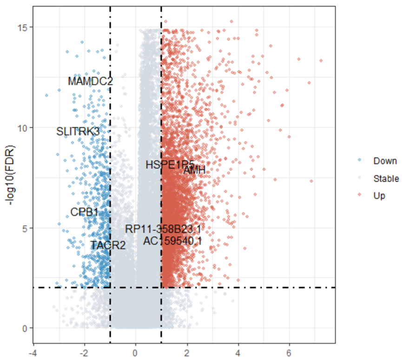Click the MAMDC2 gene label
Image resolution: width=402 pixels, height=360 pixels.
click(90, 82)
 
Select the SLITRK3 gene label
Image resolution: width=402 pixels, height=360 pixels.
click(78, 131)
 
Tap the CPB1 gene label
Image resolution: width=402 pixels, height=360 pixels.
click(84, 212)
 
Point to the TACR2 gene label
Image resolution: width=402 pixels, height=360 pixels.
click(108, 245)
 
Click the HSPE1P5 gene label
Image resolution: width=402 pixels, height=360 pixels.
click(170, 165)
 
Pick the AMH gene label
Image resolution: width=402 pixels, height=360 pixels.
click(194, 171)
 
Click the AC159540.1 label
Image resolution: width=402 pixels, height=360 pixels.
click(172, 241)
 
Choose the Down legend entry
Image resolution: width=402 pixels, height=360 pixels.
click(385, 161)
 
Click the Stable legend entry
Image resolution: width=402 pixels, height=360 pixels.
click(386, 178)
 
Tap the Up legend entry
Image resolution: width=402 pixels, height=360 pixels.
click(379, 196)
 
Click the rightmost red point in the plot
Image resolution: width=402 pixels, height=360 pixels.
click(321, 60)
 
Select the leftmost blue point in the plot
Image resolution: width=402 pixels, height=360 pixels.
click(46, 95)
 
